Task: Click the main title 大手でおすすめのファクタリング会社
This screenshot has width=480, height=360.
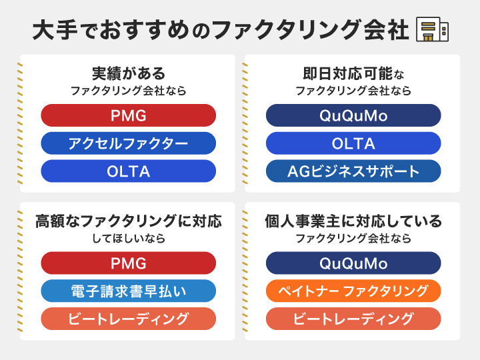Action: coord(220,31)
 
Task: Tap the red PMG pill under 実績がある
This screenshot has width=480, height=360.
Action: coord(129,115)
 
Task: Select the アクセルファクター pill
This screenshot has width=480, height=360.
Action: coord(129,143)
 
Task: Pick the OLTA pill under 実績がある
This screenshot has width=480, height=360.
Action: coord(129,171)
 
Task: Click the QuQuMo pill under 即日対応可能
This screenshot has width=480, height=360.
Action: coord(353,115)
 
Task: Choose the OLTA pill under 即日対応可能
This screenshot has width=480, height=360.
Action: coord(353,143)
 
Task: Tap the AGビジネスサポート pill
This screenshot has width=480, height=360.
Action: coord(353,171)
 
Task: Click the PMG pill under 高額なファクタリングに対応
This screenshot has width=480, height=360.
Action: coord(129,263)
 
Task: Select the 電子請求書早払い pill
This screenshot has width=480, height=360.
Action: coord(129,291)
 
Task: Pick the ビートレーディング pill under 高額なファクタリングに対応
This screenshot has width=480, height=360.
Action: coord(129,319)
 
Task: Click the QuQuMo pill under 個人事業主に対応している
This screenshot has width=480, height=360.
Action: coord(353,263)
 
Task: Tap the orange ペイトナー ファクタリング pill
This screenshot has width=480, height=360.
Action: coord(353,291)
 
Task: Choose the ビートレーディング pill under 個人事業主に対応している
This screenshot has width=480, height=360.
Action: coord(353,319)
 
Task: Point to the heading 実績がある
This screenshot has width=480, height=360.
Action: coord(129,73)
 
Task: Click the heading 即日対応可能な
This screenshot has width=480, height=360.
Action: coord(353,73)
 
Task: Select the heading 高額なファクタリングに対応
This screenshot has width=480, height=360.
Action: coord(129,221)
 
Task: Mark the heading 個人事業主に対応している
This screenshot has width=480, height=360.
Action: coord(353,221)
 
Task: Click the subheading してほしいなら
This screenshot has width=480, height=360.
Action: coord(129,238)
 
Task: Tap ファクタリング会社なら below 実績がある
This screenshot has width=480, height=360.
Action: coord(129,90)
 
